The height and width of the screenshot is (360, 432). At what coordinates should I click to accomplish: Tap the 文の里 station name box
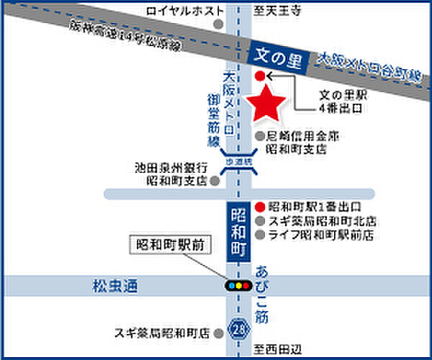277,55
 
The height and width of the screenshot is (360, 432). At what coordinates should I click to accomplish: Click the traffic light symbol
239,286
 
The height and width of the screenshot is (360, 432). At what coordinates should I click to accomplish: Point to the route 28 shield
239,328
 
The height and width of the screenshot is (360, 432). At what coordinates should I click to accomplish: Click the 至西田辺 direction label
278,349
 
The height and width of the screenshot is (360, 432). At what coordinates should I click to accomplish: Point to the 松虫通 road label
109,286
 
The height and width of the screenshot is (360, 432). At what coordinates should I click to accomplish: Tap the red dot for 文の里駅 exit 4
260,76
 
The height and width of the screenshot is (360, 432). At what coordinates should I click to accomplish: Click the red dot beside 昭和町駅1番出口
259,207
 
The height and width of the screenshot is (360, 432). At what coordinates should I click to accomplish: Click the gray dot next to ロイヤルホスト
216,24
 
